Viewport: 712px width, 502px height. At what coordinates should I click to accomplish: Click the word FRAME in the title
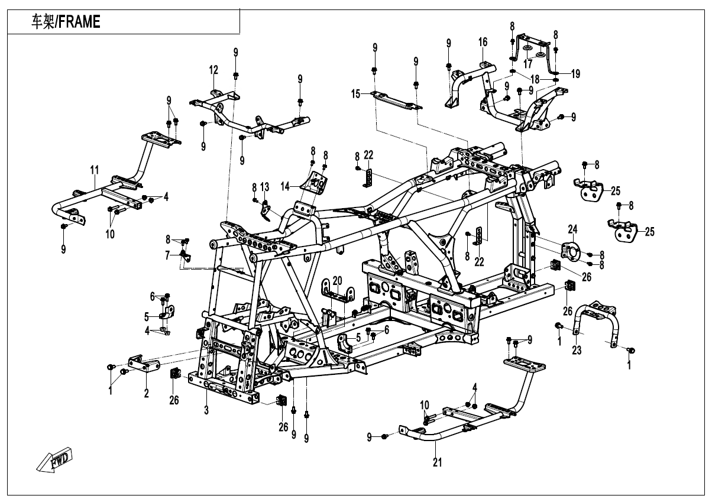(79, 22)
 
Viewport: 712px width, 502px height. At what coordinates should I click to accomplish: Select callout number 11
(93, 171)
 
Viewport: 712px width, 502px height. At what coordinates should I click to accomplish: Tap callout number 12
(213, 70)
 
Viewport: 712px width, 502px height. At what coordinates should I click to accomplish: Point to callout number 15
(355, 94)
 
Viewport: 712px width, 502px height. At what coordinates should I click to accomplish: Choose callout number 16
(483, 41)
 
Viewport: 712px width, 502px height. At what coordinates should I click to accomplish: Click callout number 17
(527, 64)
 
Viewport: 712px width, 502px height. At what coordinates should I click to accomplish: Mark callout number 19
(575, 74)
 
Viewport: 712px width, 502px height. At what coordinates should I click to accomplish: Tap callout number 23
(577, 351)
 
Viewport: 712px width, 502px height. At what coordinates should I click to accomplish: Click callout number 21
(437, 462)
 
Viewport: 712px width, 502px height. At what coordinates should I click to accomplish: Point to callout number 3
(206, 410)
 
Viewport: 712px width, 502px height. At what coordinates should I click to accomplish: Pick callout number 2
(146, 393)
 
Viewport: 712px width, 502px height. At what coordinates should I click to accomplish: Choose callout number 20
(337, 280)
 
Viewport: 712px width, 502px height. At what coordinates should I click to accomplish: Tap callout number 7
(168, 255)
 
